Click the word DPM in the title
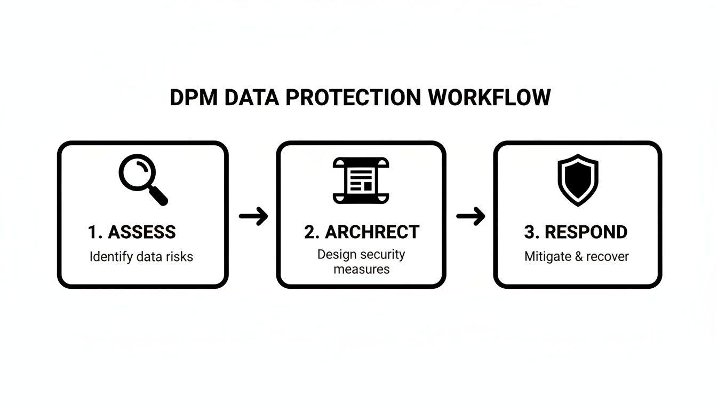193,98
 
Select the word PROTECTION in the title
353,98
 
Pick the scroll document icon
361,180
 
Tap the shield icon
578,180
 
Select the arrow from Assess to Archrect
253,216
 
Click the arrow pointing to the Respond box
471,216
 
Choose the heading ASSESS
141,232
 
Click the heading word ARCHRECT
372,232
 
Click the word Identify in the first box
111,257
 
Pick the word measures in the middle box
361,269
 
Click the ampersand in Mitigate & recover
578,257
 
